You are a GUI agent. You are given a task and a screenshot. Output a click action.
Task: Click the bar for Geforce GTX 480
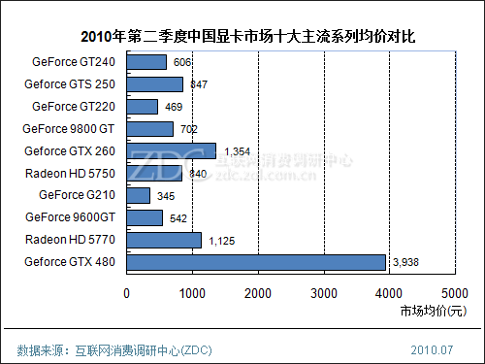tap(256, 262)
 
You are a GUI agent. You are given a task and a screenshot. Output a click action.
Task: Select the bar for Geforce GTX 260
tap(171, 150)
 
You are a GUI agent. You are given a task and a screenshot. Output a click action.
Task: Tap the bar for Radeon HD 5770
tap(164, 240)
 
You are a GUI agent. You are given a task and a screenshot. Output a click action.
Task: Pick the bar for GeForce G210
tap(138, 195)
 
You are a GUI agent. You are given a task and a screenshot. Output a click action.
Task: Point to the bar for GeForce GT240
tap(146, 62)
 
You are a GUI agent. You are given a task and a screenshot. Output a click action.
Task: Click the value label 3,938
tap(406, 263)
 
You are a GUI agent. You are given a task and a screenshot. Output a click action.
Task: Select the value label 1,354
tap(238, 151)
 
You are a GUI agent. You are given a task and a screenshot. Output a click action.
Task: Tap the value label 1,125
tap(222, 241)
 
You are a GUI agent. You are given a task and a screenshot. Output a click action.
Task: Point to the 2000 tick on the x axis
tap(258, 292)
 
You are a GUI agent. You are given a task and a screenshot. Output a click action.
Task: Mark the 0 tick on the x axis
tap(127, 292)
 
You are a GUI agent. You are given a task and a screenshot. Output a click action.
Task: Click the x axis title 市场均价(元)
tap(432, 312)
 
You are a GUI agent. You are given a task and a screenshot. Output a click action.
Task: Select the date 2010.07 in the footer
tap(433, 347)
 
